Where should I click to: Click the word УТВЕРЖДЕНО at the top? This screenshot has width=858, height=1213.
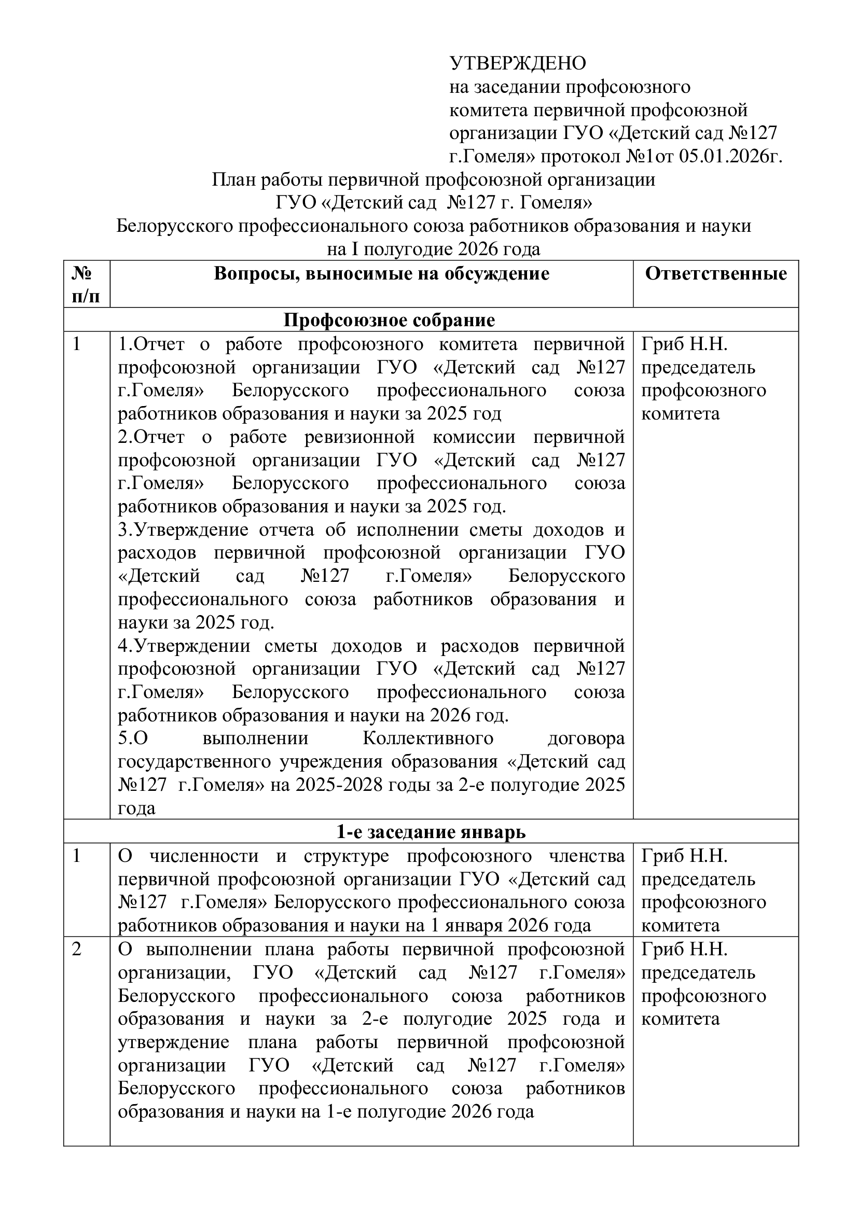pyautogui.click(x=517, y=63)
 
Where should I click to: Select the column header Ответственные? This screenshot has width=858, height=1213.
pyautogui.click(x=716, y=274)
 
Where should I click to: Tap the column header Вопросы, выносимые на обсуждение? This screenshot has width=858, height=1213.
pyautogui.click(x=381, y=274)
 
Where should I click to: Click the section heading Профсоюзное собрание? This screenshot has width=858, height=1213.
pyautogui.click(x=390, y=320)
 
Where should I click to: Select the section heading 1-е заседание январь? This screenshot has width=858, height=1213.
pyautogui.click(x=431, y=832)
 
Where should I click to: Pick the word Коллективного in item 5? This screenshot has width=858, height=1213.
pyautogui.click(x=428, y=738)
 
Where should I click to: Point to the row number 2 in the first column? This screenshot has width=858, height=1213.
pyautogui.click(x=77, y=950)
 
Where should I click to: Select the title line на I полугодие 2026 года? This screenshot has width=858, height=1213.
pyautogui.click(x=433, y=249)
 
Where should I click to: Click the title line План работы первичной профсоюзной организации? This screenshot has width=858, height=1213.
pyautogui.click(x=433, y=180)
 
